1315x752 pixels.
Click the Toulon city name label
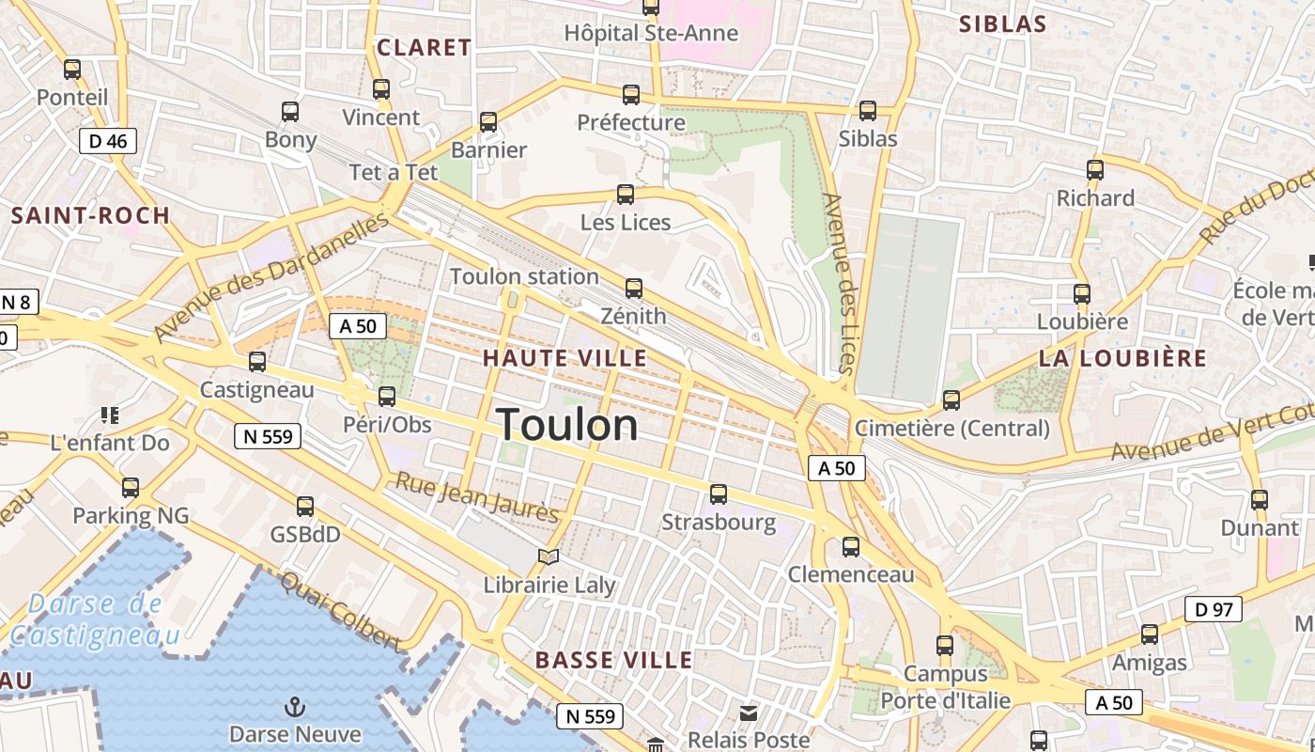click(x=567, y=425)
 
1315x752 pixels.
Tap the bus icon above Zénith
click(x=634, y=288)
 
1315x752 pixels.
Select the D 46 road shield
click(x=108, y=141)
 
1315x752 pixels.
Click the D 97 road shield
click(x=1213, y=609)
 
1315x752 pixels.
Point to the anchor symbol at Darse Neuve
click(x=295, y=706)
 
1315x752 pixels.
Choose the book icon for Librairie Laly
click(x=549, y=556)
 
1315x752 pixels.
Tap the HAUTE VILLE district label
click(x=565, y=358)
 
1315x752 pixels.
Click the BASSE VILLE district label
click(x=614, y=660)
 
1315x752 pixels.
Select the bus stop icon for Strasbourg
click(x=719, y=493)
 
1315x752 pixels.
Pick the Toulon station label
click(x=524, y=276)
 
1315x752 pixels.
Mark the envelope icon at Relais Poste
click(x=749, y=713)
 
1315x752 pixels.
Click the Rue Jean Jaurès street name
click(x=476, y=497)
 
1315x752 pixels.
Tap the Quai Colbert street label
click(x=340, y=612)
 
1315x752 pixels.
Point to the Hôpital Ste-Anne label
click(x=651, y=33)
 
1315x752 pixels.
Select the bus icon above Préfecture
click(x=631, y=94)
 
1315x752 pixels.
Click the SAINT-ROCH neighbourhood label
click(x=90, y=215)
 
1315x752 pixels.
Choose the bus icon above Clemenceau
click(x=851, y=546)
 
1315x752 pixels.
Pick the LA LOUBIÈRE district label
click(x=1122, y=358)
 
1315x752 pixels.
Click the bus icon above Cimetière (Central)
click(x=951, y=400)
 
